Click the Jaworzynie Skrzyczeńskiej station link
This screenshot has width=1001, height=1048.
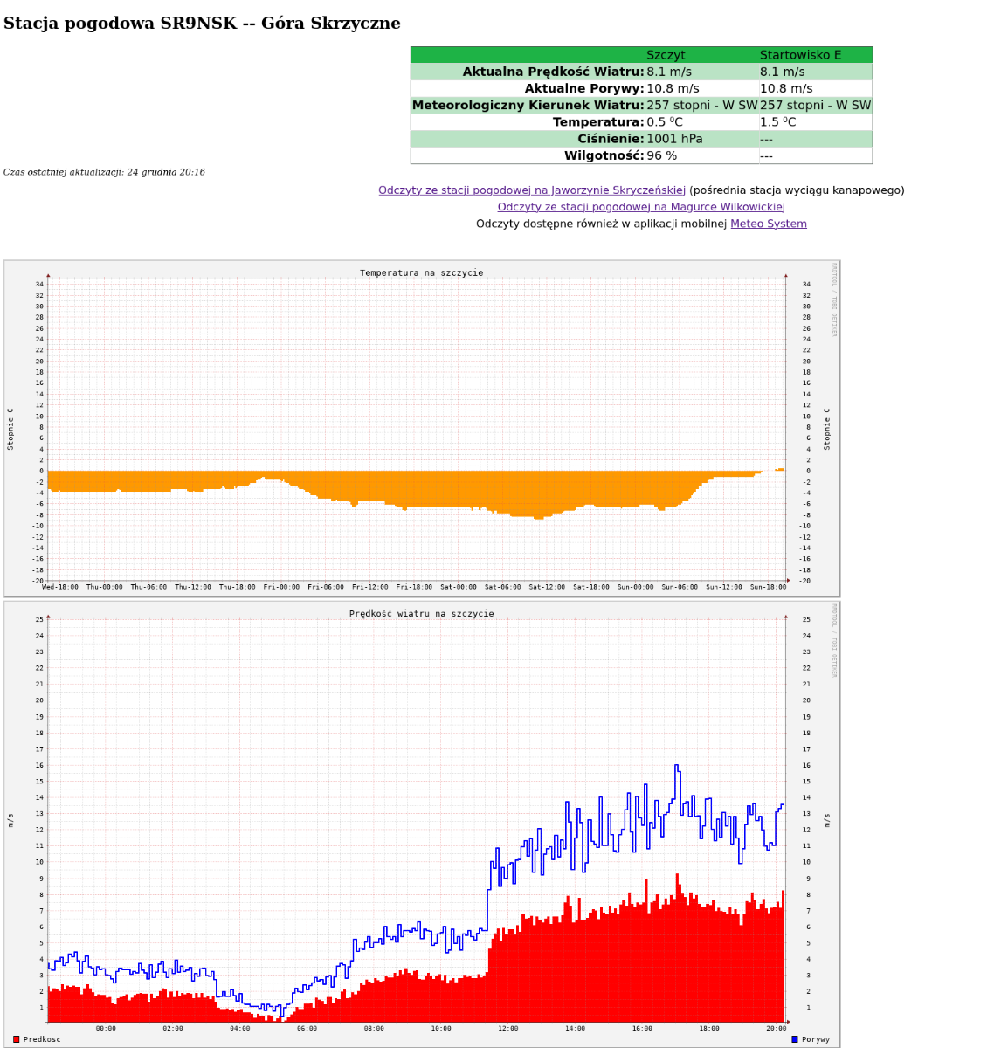pos(532,190)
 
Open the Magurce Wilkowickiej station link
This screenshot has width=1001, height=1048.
pos(641,207)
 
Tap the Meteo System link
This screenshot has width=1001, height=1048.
pos(768,224)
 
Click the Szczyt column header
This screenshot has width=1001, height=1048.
pos(666,55)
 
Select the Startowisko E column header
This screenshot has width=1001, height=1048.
pos(800,55)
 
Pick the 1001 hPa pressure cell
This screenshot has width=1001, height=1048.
pos(674,139)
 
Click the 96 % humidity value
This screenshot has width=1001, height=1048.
pos(661,156)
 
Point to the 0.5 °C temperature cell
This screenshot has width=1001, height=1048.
pos(665,122)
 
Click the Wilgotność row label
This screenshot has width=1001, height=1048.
pos(604,156)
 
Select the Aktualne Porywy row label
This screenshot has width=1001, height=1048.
pos(583,88)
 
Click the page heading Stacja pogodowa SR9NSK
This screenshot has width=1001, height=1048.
pos(202,24)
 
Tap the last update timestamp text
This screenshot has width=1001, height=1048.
pos(104,172)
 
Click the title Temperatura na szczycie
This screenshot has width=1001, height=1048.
pos(421,272)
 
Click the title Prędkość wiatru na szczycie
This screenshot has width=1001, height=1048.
pos(421,613)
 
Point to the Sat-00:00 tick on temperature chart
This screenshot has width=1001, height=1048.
pos(459,587)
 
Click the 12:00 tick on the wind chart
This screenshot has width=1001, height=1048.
pos(508,1028)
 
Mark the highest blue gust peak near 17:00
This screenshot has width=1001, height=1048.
pos(676,766)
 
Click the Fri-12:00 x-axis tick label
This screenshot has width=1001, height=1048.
pos(370,587)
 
